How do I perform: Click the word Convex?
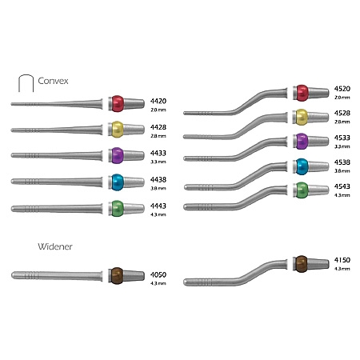click(x=53, y=81)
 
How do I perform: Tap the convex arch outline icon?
click(x=26, y=75)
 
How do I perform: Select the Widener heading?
click(x=55, y=246)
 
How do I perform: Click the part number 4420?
click(x=158, y=101)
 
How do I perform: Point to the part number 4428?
click(x=158, y=127)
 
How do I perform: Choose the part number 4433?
click(x=158, y=153)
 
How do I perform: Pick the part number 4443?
click(x=158, y=206)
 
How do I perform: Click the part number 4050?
click(x=158, y=274)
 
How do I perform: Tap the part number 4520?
click(x=342, y=89)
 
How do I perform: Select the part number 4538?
click(x=342, y=162)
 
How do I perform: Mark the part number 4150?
click(x=342, y=260)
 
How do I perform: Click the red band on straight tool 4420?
click(x=118, y=103)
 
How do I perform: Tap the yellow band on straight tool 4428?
click(x=118, y=130)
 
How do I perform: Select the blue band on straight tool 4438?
click(x=118, y=182)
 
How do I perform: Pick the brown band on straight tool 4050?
click(x=117, y=276)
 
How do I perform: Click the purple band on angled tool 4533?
click(x=302, y=141)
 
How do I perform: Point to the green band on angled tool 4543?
click(x=302, y=190)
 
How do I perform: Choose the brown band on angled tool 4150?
click(x=302, y=264)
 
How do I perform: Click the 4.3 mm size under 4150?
click(x=342, y=269)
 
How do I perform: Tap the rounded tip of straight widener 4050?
click(x=12, y=275)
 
